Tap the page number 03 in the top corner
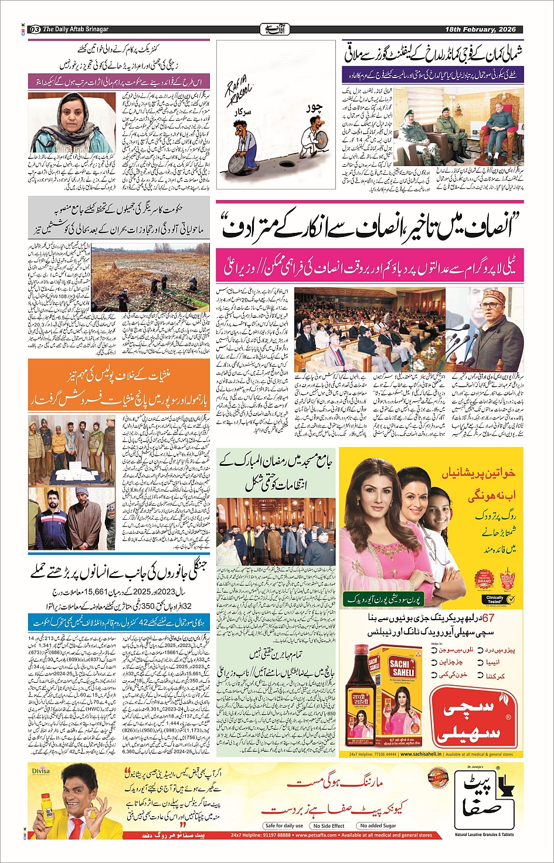(x=35, y=29)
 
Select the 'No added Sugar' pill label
(x=378, y=825)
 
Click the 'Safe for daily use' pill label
(x=284, y=825)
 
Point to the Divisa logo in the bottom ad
(x=40, y=771)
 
